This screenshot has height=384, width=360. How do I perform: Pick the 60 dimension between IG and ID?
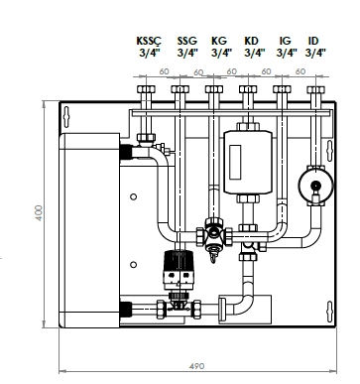coord(298,71)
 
